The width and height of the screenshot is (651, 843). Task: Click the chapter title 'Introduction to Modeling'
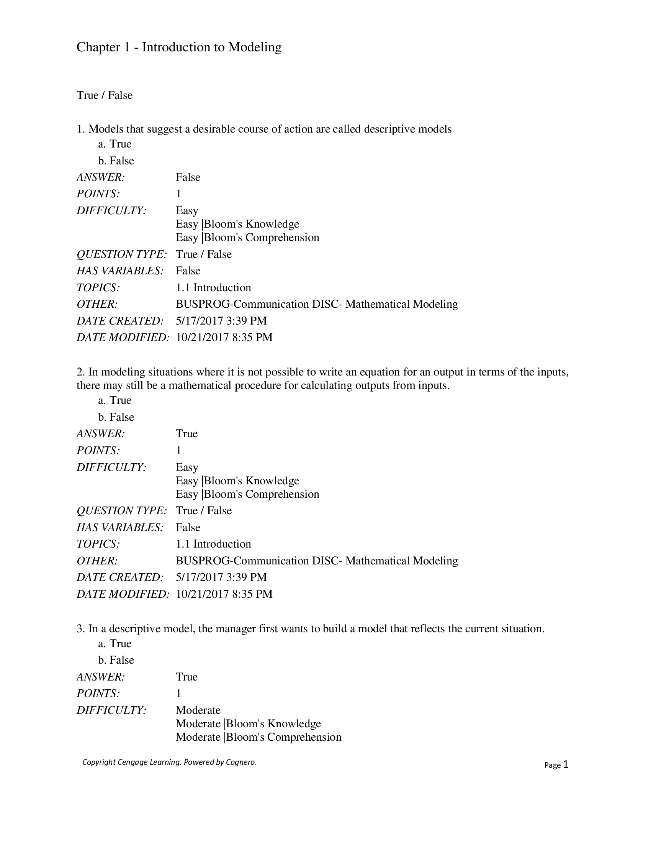pos(211,47)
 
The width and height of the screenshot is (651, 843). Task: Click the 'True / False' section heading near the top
pos(105,95)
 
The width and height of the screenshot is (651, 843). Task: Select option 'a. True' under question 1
pos(114,144)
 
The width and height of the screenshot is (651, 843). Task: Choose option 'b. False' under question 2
pos(116,417)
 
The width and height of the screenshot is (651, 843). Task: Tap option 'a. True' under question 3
pos(114,643)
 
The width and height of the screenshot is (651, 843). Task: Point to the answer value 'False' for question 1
pos(188,177)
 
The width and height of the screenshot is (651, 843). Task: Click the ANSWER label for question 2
pos(101,434)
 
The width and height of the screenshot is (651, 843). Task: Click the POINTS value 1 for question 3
pos(178,694)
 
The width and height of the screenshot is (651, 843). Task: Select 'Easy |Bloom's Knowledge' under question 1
pos(237,224)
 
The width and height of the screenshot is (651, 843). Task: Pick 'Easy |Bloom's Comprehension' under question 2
pos(247,494)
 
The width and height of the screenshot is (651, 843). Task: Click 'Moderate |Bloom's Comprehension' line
pos(258,737)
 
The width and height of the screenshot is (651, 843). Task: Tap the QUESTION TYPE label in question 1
pos(121,254)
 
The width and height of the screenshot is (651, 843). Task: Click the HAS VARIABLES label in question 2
pos(120,527)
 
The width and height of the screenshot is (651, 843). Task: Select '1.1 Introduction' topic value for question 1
pos(213,287)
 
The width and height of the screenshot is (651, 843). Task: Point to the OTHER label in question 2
pos(97,561)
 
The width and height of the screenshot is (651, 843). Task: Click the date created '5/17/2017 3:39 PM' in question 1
pos(221,321)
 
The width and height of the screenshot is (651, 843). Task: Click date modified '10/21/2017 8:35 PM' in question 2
pos(224,594)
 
